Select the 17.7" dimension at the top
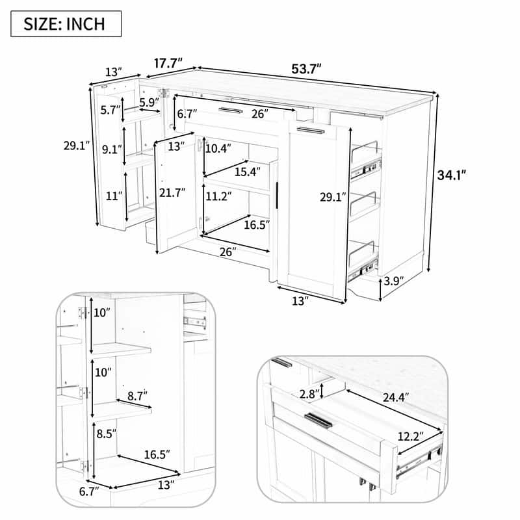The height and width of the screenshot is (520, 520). [167, 64]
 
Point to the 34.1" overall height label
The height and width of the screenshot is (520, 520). [451, 174]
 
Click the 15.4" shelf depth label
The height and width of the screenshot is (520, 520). [247, 172]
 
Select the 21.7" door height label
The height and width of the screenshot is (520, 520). [172, 192]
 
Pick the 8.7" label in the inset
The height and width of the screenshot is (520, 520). [136, 395]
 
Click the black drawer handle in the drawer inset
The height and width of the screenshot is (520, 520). [318, 421]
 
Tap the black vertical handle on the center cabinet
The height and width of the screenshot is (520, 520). [278, 195]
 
